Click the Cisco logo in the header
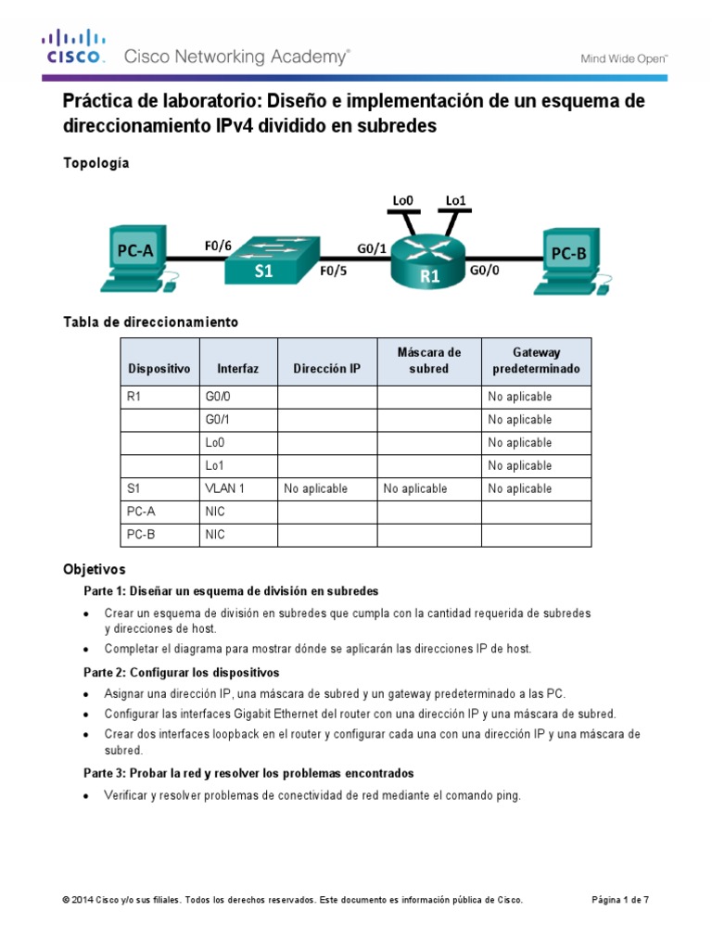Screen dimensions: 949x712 72,47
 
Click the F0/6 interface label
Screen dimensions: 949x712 219,246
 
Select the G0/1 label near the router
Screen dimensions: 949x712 372,247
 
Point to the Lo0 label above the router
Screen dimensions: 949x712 401,199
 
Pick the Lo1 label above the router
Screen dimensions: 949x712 455,199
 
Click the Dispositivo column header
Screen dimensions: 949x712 159,368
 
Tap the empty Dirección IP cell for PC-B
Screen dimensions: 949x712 326,535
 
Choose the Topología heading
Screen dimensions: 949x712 96,163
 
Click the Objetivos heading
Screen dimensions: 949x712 94,568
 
